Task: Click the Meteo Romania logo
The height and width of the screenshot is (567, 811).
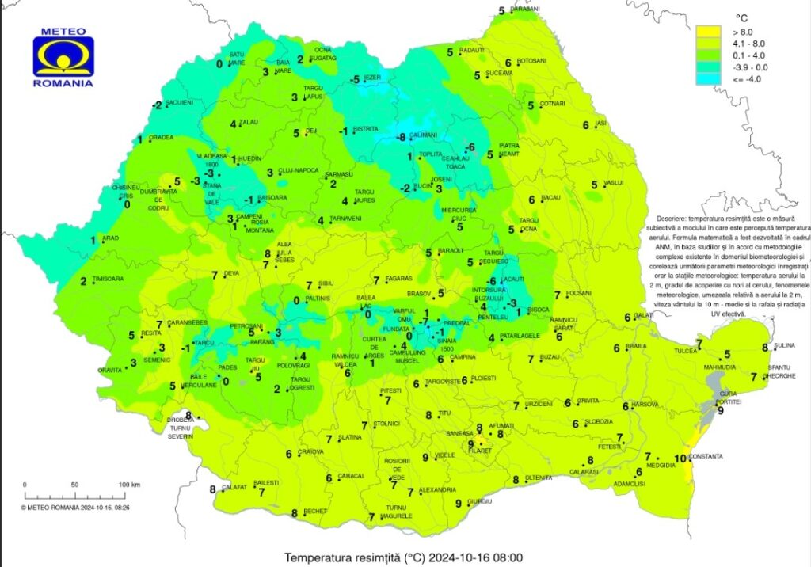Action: pos(63,57)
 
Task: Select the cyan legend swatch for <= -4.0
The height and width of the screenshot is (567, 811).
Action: pos(707,78)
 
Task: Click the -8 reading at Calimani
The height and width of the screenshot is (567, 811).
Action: pos(402,137)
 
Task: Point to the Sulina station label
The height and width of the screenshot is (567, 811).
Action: pos(782,347)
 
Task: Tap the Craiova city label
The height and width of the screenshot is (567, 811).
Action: pos(310,452)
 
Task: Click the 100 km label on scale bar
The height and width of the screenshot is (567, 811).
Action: pos(129,484)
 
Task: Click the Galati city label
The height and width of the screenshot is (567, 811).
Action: pos(646,316)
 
